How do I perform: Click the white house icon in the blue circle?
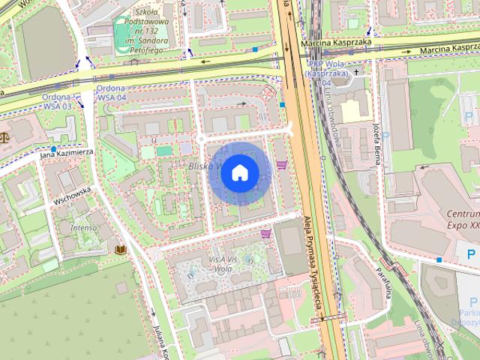tap(239, 172)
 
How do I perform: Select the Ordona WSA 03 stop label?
tap(58, 103)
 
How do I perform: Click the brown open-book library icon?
tap(120, 248)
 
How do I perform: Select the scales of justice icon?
tap(7, 137)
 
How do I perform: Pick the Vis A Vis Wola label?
tap(224, 262)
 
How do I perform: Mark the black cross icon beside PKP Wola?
tap(357, 72)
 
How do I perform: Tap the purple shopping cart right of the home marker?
tap(282, 164)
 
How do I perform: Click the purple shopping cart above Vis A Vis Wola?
tap(265, 234)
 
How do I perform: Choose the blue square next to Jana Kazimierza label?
tap(54, 149)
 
